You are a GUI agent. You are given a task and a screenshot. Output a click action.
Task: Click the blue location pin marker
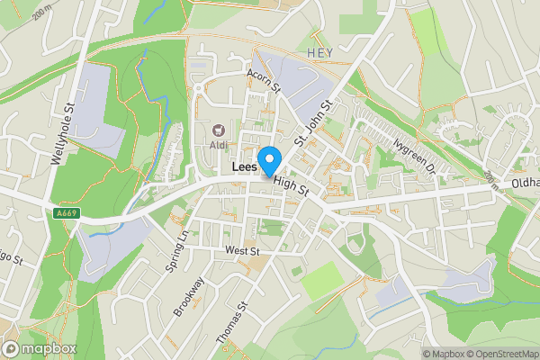point(268,161)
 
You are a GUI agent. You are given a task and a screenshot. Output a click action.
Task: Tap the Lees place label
point(244,167)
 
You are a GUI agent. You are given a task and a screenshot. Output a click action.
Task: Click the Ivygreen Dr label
point(413,154)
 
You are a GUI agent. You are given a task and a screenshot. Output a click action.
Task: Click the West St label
point(241,250)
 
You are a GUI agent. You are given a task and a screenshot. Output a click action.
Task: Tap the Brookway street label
point(190,296)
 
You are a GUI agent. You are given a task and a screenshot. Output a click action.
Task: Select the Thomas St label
point(231,322)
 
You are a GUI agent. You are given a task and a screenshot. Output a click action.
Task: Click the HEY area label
point(319,53)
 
